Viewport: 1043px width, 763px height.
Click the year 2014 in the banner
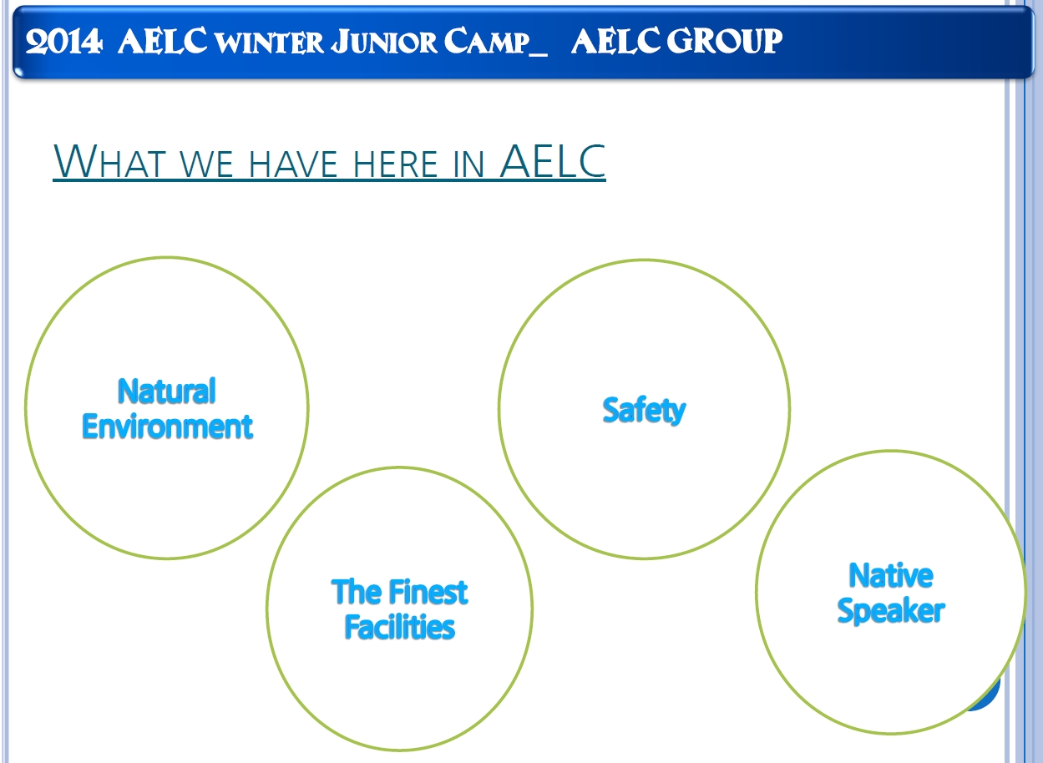[x=63, y=42]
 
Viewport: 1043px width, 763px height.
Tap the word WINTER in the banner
[x=270, y=43]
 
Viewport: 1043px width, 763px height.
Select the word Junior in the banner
[x=384, y=42]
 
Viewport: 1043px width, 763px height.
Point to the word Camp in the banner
[x=487, y=42]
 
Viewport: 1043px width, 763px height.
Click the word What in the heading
[x=110, y=161]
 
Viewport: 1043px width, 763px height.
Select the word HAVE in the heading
[x=293, y=164]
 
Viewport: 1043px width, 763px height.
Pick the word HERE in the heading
[x=395, y=164]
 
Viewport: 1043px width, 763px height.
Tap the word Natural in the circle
[x=167, y=391]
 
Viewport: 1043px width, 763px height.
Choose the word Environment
[x=167, y=427]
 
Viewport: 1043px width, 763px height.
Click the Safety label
[x=644, y=411]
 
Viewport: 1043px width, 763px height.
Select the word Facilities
[x=399, y=627]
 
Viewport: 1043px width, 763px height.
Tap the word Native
[x=891, y=575]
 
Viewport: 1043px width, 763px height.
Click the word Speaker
[x=891, y=611]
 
